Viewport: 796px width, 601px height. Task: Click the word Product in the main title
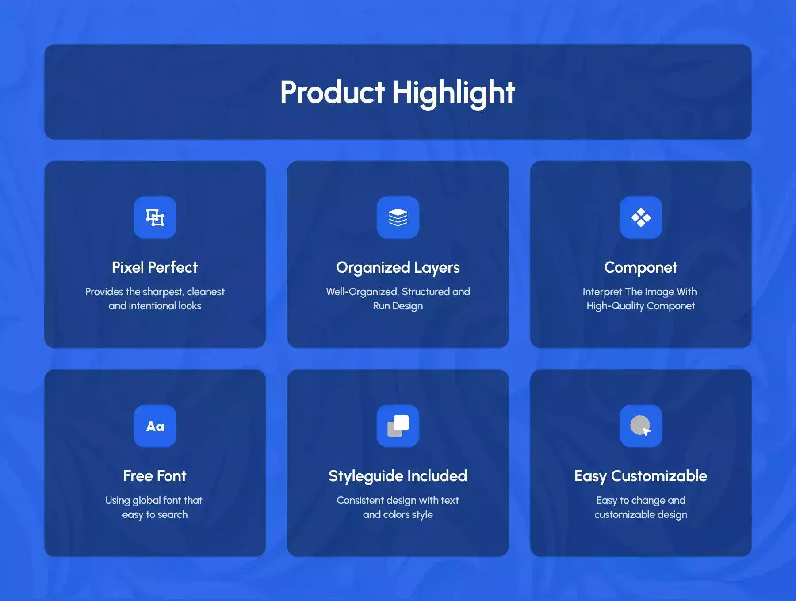[x=333, y=92]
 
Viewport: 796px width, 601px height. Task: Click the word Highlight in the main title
[x=454, y=93]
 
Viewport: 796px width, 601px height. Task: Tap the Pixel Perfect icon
[x=155, y=217]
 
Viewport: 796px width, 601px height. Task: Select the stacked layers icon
[x=398, y=217]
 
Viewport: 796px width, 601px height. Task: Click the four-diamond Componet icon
[x=641, y=217]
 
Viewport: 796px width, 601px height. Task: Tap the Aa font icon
[x=155, y=426]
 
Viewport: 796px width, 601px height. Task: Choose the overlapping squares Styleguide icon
[x=398, y=426]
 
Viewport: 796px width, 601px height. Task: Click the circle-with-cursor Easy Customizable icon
[x=641, y=426]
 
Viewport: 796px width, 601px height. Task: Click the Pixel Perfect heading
[x=155, y=267]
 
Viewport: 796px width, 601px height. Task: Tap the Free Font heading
[x=155, y=476]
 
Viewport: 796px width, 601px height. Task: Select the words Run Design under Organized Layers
[x=398, y=306]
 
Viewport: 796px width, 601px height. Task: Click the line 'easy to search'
[x=155, y=515]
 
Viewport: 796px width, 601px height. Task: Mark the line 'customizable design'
[x=641, y=515]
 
